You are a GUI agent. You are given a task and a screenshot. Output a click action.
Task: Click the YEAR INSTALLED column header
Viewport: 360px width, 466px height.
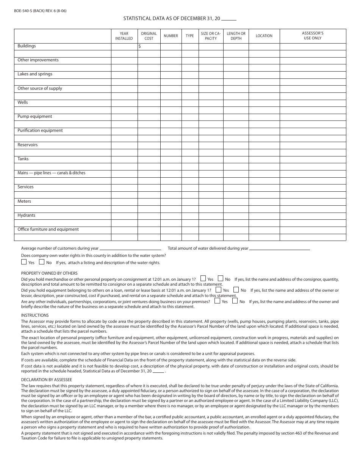(124, 36)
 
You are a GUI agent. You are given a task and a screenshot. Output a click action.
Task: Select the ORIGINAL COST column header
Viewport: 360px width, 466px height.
(149, 36)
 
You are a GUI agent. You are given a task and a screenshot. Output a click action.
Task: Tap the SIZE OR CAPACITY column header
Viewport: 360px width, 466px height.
(211, 36)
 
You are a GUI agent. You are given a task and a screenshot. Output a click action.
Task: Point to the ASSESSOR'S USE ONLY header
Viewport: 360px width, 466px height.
(313, 36)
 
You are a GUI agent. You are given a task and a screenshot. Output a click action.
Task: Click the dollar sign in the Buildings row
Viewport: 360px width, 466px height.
(140, 46)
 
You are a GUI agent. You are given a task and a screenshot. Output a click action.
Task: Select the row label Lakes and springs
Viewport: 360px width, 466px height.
(35, 74)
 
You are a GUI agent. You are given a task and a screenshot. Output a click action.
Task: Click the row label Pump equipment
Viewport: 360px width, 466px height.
(35, 117)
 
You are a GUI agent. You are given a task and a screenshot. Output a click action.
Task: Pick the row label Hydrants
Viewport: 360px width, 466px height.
(27, 216)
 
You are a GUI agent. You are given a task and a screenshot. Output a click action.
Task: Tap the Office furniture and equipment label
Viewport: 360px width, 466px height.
(48, 230)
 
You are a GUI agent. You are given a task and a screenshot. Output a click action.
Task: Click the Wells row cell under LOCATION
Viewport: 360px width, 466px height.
(264, 103)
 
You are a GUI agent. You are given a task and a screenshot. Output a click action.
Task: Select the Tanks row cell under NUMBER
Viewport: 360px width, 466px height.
(171, 159)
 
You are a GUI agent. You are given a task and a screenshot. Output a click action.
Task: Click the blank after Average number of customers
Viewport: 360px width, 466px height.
(130, 248)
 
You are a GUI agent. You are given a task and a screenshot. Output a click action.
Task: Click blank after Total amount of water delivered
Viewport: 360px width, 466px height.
(280, 248)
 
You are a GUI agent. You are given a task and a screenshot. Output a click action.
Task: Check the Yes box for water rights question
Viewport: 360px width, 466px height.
(24, 262)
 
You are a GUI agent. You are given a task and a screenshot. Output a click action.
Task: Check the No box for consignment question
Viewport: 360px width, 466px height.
(221, 278)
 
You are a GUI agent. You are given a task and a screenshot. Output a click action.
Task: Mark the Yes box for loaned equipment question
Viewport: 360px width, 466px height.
(219, 290)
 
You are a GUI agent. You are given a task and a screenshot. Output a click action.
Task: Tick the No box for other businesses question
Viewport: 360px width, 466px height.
(235, 301)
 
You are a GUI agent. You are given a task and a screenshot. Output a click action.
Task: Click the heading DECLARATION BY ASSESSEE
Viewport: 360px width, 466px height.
(46, 380)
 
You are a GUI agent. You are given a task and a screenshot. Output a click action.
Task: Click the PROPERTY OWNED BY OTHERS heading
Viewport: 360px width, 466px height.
(49, 273)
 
